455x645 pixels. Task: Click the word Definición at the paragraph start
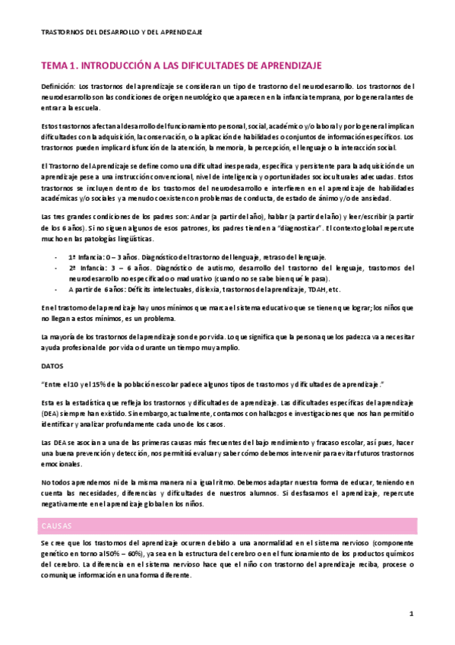57,87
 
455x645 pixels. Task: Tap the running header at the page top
122,32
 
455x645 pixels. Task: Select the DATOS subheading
52,365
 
